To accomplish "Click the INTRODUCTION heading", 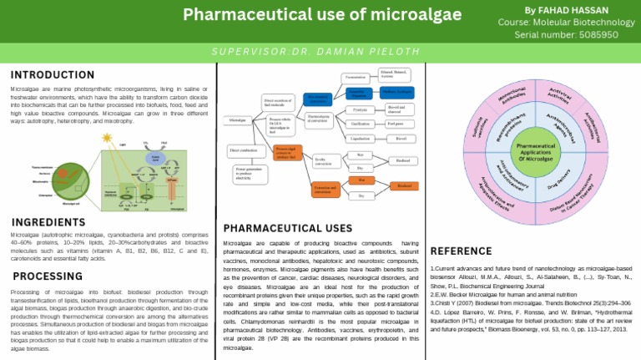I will coord(53,74).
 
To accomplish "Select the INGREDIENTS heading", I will coord(49,223).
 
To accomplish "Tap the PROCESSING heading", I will coord(47,276).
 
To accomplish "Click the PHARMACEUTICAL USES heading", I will coord(287,228).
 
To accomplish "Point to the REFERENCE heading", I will coord(461,251).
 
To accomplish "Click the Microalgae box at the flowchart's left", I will coord(240,121).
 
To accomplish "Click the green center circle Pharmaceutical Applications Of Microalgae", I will coord(535,152).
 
